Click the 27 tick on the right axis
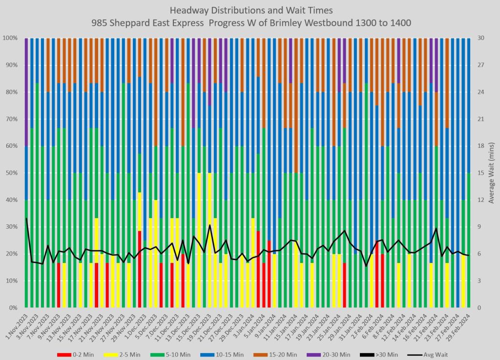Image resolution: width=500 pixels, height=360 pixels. point(480,65)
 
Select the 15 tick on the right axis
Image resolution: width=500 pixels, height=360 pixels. point(480,173)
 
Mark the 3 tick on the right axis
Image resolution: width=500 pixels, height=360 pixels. point(479,281)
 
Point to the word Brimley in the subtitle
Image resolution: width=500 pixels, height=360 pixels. point(308,22)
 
